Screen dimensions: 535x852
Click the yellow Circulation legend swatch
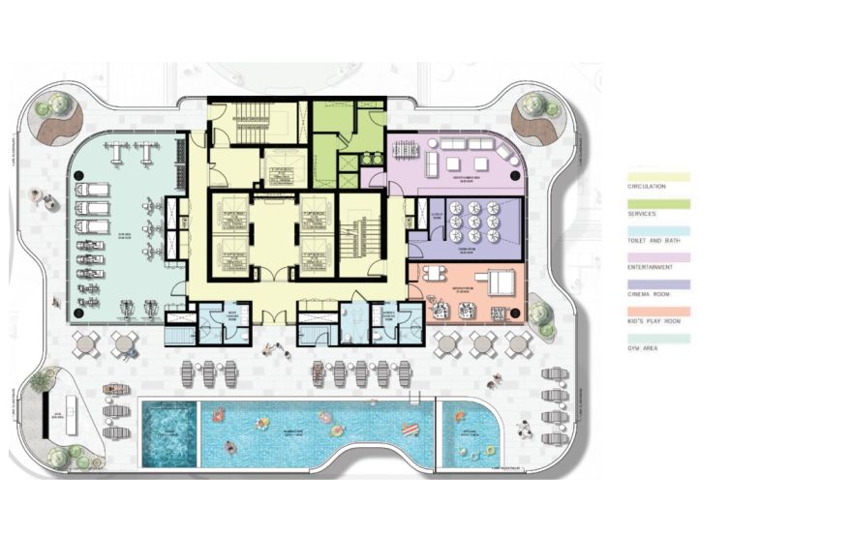(x=658, y=177)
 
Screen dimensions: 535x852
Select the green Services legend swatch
(x=658, y=204)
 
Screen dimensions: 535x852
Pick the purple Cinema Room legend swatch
(x=658, y=284)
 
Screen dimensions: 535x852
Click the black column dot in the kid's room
(x=514, y=312)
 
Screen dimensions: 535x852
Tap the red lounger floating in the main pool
(x=411, y=430)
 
